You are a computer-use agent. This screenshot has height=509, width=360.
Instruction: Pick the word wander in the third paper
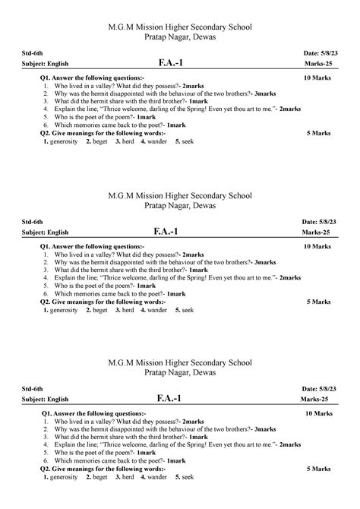pyautogui.click(x=156, y=477)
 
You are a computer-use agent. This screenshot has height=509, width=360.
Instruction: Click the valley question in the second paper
pyautogui.click(x=128, y=254)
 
